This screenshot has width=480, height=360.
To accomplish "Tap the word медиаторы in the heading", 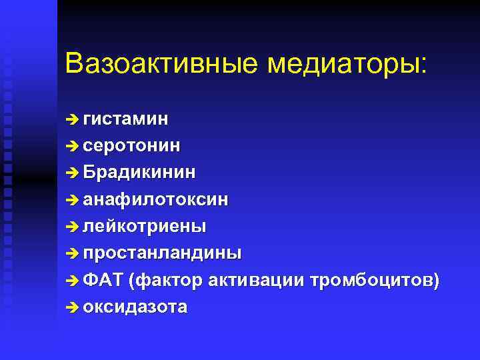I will [349, 64].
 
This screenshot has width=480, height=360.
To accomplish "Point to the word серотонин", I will [131, 145].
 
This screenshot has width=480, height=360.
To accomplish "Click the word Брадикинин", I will [140, 172].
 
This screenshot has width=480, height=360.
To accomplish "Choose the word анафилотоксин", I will [156, 199].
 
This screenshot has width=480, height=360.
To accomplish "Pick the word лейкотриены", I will [145, 226].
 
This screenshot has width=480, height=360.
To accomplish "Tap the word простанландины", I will [163, 253].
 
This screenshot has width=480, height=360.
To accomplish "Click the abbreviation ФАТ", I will [103, 281].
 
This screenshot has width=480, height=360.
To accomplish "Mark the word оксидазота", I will [135, 307].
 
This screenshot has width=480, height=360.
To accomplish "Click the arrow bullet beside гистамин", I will [73, 119].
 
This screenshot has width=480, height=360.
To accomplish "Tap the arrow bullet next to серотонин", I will [73, 146].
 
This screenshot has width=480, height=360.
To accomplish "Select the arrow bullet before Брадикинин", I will [73, 173].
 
